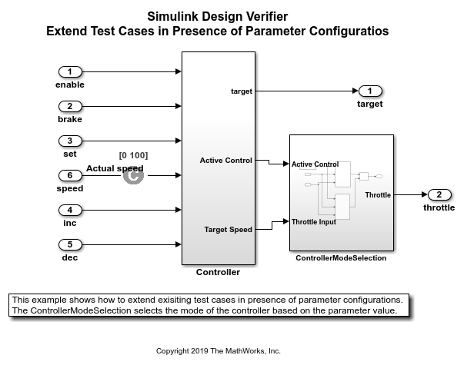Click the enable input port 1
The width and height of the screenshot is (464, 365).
click(69, 71)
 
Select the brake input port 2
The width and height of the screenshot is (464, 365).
click(69, 106)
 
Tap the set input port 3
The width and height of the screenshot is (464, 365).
click(69, 141)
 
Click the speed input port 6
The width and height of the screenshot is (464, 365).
click(69, 175)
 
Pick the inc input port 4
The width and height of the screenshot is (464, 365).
click(69, 210)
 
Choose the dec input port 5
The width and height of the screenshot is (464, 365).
click(69, 244)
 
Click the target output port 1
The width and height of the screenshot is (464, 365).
click(369, 91)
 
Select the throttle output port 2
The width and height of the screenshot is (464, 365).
click(439, 194)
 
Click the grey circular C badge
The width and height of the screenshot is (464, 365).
click(133, 175)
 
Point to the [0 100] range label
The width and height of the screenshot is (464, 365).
click(133, 155)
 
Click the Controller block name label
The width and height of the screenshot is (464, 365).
click(218, 272)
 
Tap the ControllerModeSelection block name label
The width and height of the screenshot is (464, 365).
click(341, 258)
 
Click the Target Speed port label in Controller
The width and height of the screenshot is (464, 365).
click(228, 229)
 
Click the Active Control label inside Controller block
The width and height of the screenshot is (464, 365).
click(225, 160)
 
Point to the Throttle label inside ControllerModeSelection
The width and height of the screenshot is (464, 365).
click(377, 195)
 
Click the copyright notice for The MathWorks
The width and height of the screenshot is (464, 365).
click(218, 350)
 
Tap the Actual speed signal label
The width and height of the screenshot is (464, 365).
click(115, 168)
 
